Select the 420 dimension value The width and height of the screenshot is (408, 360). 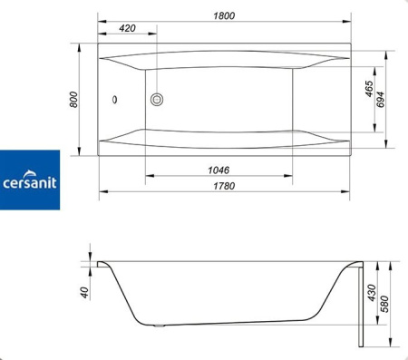pos(128,28)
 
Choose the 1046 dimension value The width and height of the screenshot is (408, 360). pos(218,170)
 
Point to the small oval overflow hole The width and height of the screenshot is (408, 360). pos(115,101)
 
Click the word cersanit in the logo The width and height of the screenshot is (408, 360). pos(29,182)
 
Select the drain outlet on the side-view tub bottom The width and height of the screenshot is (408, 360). pos(161,326)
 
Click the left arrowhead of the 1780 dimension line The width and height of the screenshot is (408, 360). pos(102,193)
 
